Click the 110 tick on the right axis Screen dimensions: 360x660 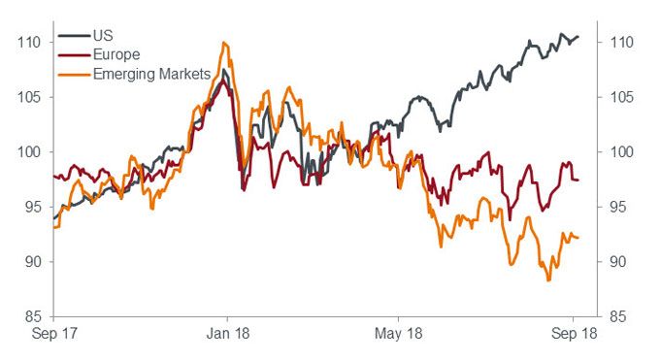click(623, 43)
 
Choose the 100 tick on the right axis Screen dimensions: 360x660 click(623, 152)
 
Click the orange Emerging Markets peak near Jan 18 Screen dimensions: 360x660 click(224, 43)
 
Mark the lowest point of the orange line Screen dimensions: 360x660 click(549, 280)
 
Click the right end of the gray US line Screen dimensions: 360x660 click(578, 37)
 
